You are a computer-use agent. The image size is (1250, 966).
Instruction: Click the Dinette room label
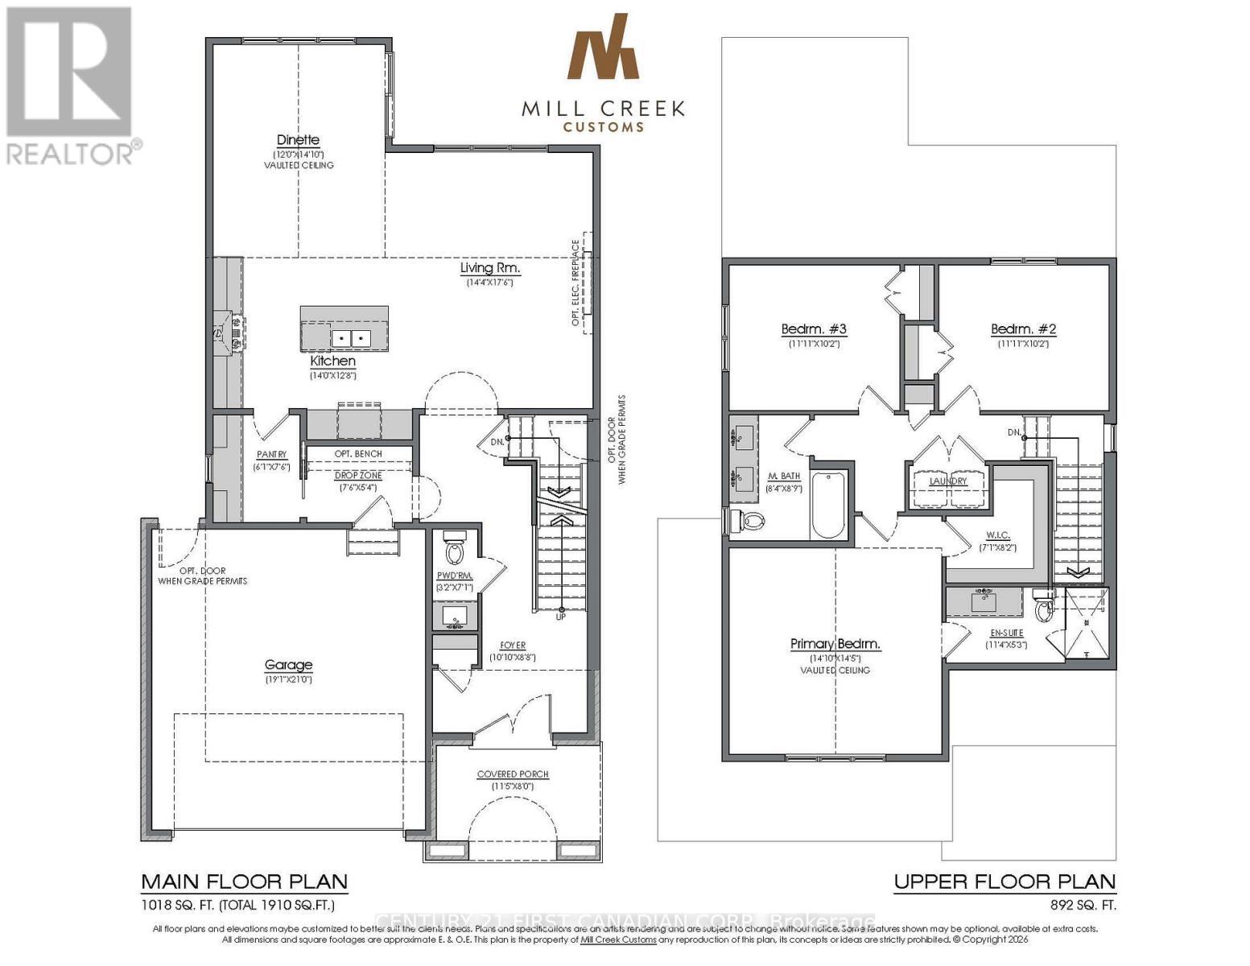click(x=298, y=140)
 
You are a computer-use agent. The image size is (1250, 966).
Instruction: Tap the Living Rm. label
click(x=489, y=268)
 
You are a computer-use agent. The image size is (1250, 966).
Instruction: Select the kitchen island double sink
click(x=350, y=338)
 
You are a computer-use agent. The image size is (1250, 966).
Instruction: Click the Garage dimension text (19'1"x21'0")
click(x=288, y=679)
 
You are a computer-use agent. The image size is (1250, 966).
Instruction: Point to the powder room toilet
click(x=455, y=551)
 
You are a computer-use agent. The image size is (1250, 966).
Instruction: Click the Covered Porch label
click(x=512, y=774)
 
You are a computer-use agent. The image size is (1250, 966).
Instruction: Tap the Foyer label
click(x=513, y=645)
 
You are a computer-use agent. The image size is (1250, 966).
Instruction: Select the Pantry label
click(x=271, y=455)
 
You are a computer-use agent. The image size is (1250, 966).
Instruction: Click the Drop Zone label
click(x=358, y=476)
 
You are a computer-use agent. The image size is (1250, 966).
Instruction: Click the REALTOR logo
click(x=69, y=85)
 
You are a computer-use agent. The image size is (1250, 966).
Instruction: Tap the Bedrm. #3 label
click(x=813, y=329)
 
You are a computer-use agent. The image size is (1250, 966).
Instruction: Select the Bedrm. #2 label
click(x=1023, y=329)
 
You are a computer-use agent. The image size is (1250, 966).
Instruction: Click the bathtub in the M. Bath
click(x=828, y=505)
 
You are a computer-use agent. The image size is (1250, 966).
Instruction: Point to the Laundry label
click(x=947, y=481)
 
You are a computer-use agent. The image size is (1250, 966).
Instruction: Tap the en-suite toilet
click(x=1044, y=609)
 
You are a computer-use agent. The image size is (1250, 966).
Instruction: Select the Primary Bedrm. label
click(x=835, y=644)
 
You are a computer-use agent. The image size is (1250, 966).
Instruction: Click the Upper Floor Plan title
click(x=1005, y=881)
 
